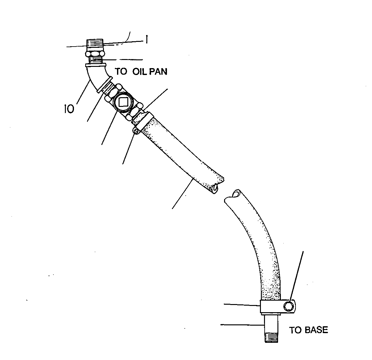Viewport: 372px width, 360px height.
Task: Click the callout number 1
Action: pyautogui.click(x=147, y=39)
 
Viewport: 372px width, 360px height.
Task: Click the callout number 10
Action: pyautogui.click(x=69, y=109)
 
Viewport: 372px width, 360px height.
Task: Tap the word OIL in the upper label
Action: pyautogui.click(x=140, y=72)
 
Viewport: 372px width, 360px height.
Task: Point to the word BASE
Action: pyautogui.click(x=316, y=330)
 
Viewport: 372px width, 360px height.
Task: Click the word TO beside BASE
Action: pyautogui.click(x=295, y=330)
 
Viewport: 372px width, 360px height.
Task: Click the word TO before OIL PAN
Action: pyautogui.click(x=121, y=72)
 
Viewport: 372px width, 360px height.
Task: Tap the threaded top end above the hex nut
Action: pyautogui.click(x=95, y=44)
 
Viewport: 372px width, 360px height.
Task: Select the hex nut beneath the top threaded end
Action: pyautogui.click(x=95, y=53)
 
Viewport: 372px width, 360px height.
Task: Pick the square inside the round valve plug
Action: pyautogui.click(x=123, y=102)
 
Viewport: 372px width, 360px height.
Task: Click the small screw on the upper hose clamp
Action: pyautogui.click(x=136, y=130)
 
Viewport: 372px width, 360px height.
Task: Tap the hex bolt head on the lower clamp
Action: pyautogui.click(x=288, y=307)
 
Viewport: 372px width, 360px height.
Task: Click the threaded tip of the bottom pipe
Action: pyautogui.click(x=271, y=338)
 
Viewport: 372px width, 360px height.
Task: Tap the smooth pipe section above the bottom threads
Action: pyautogui.click(x=271, y=324)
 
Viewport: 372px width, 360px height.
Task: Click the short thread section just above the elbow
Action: pyautogui.click(x=95, y=60)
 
